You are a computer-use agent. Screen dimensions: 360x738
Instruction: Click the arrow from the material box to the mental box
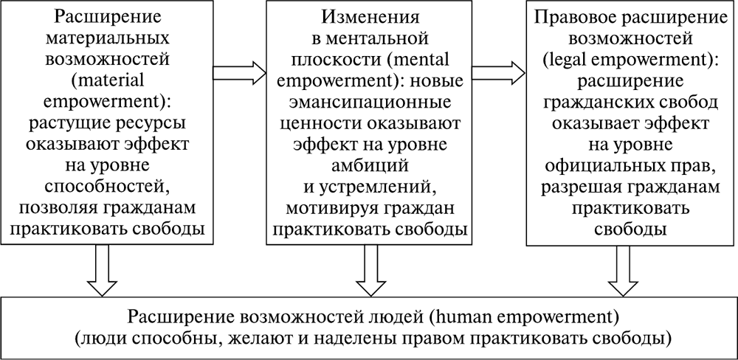pyautogui.click(x=237, y=72)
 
